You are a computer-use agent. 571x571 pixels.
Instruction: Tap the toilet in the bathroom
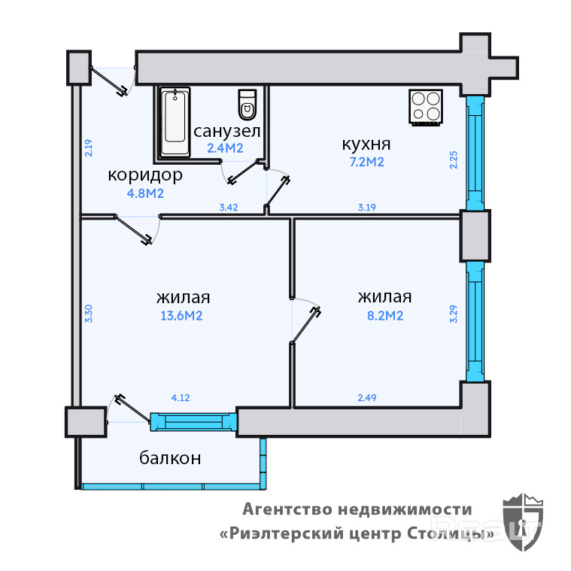(247, 105)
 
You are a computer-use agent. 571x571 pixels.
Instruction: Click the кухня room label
(366, 144)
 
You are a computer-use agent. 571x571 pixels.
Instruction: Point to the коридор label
(145, 175)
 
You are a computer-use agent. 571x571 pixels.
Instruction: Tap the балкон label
(170, 457)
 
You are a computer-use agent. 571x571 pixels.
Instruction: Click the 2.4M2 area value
(225, 148)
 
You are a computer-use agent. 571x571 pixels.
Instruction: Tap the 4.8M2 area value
(146, 193)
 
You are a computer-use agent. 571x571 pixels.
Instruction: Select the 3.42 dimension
(229, 207)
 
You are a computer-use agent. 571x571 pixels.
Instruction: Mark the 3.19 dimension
(366, 207)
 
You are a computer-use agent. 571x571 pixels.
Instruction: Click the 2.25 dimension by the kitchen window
(453, 160)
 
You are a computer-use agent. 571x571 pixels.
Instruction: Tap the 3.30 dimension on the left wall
(88, 312)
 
